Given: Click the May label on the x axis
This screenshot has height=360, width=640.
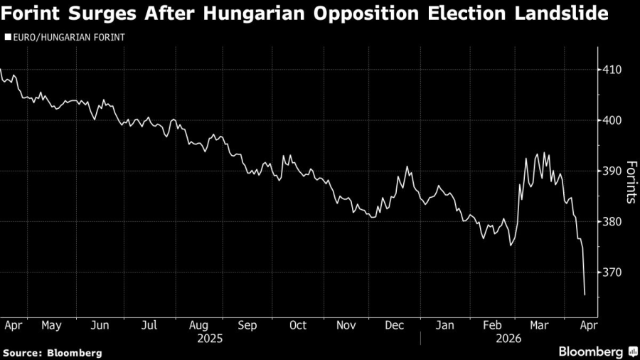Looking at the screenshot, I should coord(51,325).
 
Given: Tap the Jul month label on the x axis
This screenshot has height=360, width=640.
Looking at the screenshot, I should coord(149,325).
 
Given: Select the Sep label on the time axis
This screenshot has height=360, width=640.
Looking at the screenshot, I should coord(247,325).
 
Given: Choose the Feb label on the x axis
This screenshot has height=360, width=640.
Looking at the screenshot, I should coord(492,325).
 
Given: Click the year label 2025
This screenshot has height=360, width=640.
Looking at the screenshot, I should coord(210,338).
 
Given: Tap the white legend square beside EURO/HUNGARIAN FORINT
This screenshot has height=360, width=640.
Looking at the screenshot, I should coord(8,36).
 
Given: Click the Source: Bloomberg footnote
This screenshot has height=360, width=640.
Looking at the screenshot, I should coord(52,352).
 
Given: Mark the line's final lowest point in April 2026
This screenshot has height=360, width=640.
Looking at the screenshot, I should coord(585,295).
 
